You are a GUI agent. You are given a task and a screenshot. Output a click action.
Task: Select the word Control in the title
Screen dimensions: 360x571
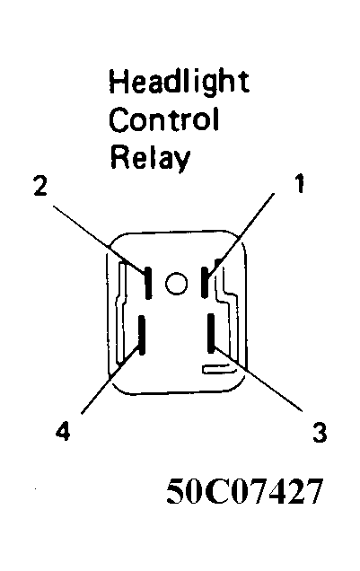coord(164,119)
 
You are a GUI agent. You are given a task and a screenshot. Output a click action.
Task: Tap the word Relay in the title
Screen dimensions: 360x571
coord(150,158)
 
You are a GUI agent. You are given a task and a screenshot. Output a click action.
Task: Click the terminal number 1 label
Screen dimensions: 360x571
coord(299,183)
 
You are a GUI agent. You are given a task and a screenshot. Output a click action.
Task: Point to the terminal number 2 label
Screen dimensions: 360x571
coord(40,185)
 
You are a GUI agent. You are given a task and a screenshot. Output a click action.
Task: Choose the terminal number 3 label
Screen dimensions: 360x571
coord(320,432)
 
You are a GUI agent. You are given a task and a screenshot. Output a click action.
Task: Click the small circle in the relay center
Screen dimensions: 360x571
coord(177,283)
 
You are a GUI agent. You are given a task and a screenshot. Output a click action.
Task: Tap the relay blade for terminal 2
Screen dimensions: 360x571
coord(148,283)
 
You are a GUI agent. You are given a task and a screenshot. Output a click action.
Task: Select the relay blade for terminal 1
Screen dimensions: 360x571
coord(205,282)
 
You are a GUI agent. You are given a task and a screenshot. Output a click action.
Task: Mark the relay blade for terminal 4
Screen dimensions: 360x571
coord(142,335)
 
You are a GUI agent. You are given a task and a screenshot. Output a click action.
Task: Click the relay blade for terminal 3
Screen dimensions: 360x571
coord(211,333)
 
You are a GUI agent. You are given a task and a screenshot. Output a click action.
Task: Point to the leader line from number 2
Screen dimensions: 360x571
coord(100,239)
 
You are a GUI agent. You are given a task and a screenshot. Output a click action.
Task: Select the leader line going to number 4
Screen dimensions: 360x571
coord(110,381)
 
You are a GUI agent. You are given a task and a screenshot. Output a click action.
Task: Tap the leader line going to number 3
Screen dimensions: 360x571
coord(259,380)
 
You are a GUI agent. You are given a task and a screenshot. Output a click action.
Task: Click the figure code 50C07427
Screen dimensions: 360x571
coord(244,490)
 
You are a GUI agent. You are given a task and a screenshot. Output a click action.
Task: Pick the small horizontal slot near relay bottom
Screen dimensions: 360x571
coord(218,369)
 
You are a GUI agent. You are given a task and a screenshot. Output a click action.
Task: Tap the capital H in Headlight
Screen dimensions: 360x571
coord(118,81)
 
